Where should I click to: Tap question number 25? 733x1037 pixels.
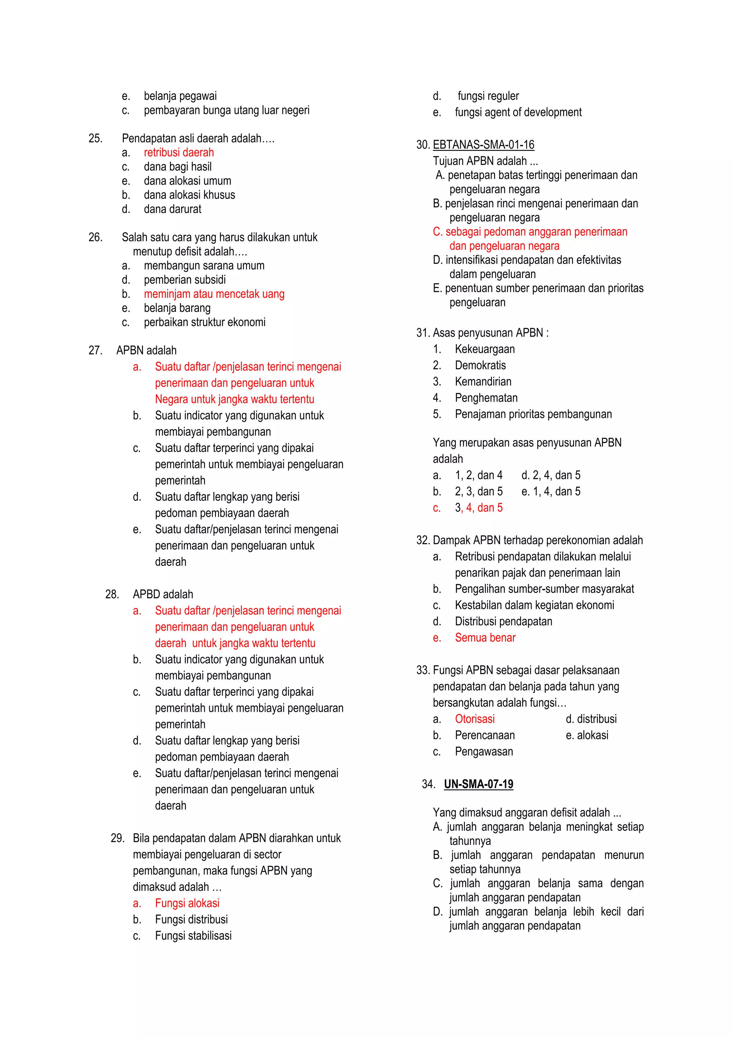[95, 139]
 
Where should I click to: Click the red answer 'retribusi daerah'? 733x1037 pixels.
[179, 153]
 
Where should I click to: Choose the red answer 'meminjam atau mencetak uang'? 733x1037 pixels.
[214, 294]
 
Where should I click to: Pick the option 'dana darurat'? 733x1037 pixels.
[173, 209]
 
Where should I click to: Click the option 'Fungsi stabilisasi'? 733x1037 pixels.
[193, 935]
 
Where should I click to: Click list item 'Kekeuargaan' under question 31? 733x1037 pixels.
[484, 349]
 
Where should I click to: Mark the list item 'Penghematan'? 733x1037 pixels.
[486, 398]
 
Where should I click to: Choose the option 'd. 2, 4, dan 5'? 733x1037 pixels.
[551, 475]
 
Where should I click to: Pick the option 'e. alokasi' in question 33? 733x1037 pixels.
[587, 735]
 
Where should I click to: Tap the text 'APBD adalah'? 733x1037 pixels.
[162, 594]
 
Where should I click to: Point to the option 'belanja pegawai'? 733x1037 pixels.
[180, 96]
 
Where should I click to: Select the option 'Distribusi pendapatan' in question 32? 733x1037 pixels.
[503, 622]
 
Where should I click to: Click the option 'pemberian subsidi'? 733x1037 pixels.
[185, 280]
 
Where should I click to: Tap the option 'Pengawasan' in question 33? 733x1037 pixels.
[484, 752]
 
